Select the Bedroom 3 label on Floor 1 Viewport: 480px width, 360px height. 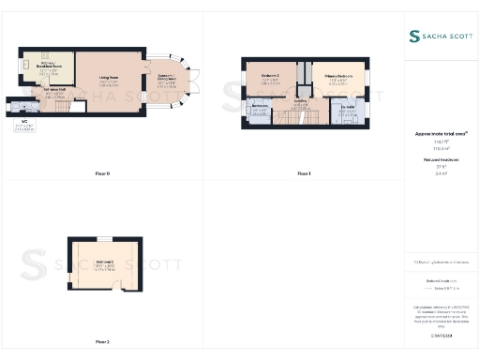pos(271,78)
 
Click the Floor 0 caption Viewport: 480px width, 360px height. pos(102,174)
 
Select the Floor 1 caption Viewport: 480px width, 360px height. pos(303,174)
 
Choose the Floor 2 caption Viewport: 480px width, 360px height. pos(102,341)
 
